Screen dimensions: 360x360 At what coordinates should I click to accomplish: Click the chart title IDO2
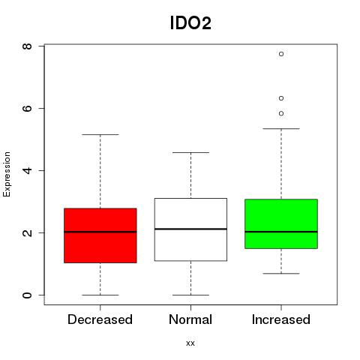click(190, 23)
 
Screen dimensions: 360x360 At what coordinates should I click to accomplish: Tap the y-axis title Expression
click(7, 174)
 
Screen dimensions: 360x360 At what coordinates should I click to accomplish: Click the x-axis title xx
click(190, 343)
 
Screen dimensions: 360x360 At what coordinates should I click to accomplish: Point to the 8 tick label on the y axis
click(27, 46)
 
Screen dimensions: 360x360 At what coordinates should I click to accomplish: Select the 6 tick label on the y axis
click(27, 108)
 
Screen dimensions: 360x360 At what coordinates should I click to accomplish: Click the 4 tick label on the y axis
click(27, 170)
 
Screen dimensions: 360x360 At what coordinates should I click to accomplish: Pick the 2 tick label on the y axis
click(27, 232)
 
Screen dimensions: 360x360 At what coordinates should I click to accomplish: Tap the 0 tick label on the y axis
click(27, 295)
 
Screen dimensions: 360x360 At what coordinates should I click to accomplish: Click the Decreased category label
click(100, 319)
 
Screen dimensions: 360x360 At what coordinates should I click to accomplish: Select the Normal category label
click(190, 319)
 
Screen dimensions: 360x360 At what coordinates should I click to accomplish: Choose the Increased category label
click(281, 319)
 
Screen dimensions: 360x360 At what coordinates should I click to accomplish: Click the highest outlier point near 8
click(281, 54)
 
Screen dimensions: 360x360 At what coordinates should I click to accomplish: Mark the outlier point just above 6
click(281, 98)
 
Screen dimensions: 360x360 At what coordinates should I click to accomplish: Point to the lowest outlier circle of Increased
click(281, 113)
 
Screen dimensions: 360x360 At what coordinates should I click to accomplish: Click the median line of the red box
click(100, 232)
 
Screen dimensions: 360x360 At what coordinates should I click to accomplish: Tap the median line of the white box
click(190, 229)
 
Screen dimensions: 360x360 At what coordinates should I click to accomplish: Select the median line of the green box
click(281, 232)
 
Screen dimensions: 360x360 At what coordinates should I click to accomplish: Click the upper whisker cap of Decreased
click(100, 134)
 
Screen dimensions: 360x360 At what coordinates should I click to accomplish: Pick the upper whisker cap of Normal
click(190, 152)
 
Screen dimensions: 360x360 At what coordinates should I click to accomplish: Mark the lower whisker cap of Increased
click(281, 274)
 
